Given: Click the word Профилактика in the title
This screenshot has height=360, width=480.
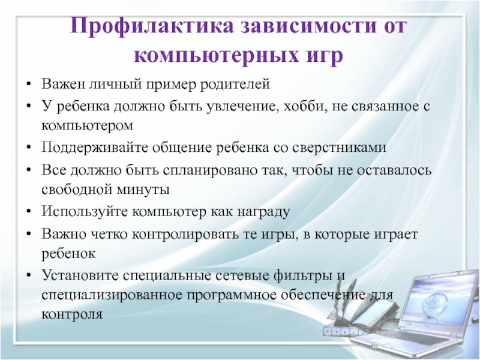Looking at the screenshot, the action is point(152,26).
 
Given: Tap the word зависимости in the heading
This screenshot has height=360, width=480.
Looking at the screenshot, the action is point(308,25).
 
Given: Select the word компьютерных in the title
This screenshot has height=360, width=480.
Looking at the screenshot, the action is point(216,56).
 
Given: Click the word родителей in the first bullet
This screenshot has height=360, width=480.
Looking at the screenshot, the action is point(235,83).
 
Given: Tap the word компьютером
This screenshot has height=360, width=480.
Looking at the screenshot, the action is point(87,126).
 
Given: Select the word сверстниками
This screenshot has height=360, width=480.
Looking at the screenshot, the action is point(339,148).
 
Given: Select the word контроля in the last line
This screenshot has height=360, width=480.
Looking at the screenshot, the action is point(72,314).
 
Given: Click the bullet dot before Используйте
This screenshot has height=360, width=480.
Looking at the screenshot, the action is point(29,212).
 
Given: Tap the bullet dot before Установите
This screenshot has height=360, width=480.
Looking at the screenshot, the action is point(29,275).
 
